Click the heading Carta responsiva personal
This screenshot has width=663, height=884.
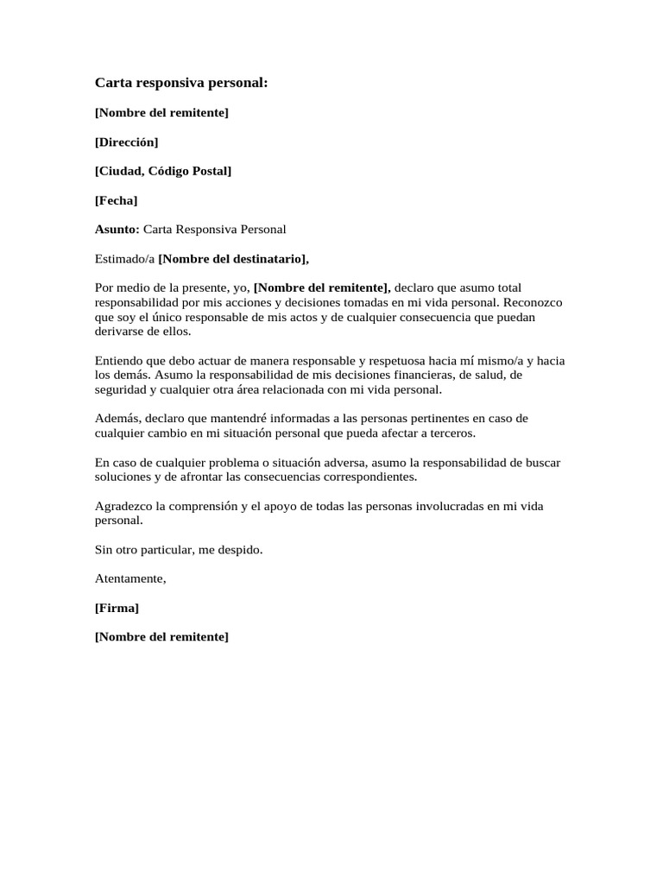(x=181, y=83)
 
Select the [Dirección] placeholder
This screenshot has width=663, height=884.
(x=126, y=142)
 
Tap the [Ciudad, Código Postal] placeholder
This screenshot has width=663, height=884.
(x=163, y=171)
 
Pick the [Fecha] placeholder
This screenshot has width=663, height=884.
(x=116, y=200)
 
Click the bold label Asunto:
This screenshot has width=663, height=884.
(x=117, y=229)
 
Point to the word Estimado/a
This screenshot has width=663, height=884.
(x=124, y=258)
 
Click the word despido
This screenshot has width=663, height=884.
(x=237, y=550)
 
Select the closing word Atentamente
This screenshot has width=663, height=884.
(x=130, y=579)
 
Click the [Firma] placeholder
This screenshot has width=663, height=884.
(x=117, y=608)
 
